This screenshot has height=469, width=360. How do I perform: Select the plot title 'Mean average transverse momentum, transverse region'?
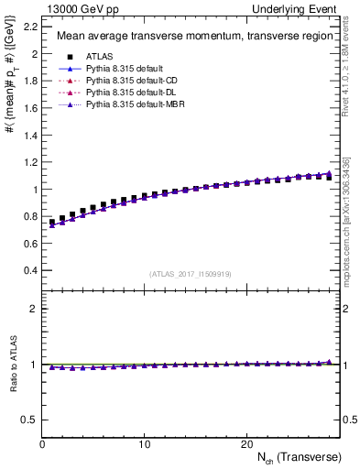click(x=188, y=37)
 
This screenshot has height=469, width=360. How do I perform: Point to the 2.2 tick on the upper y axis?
click(x=29, y=27)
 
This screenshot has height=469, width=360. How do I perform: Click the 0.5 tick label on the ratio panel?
click(x=29, y=420)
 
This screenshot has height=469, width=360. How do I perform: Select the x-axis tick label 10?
click(x=145, y=442)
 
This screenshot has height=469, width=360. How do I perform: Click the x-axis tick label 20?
click(x=246, y=442)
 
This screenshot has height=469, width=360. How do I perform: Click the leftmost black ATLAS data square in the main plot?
click(x=52, y=222)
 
